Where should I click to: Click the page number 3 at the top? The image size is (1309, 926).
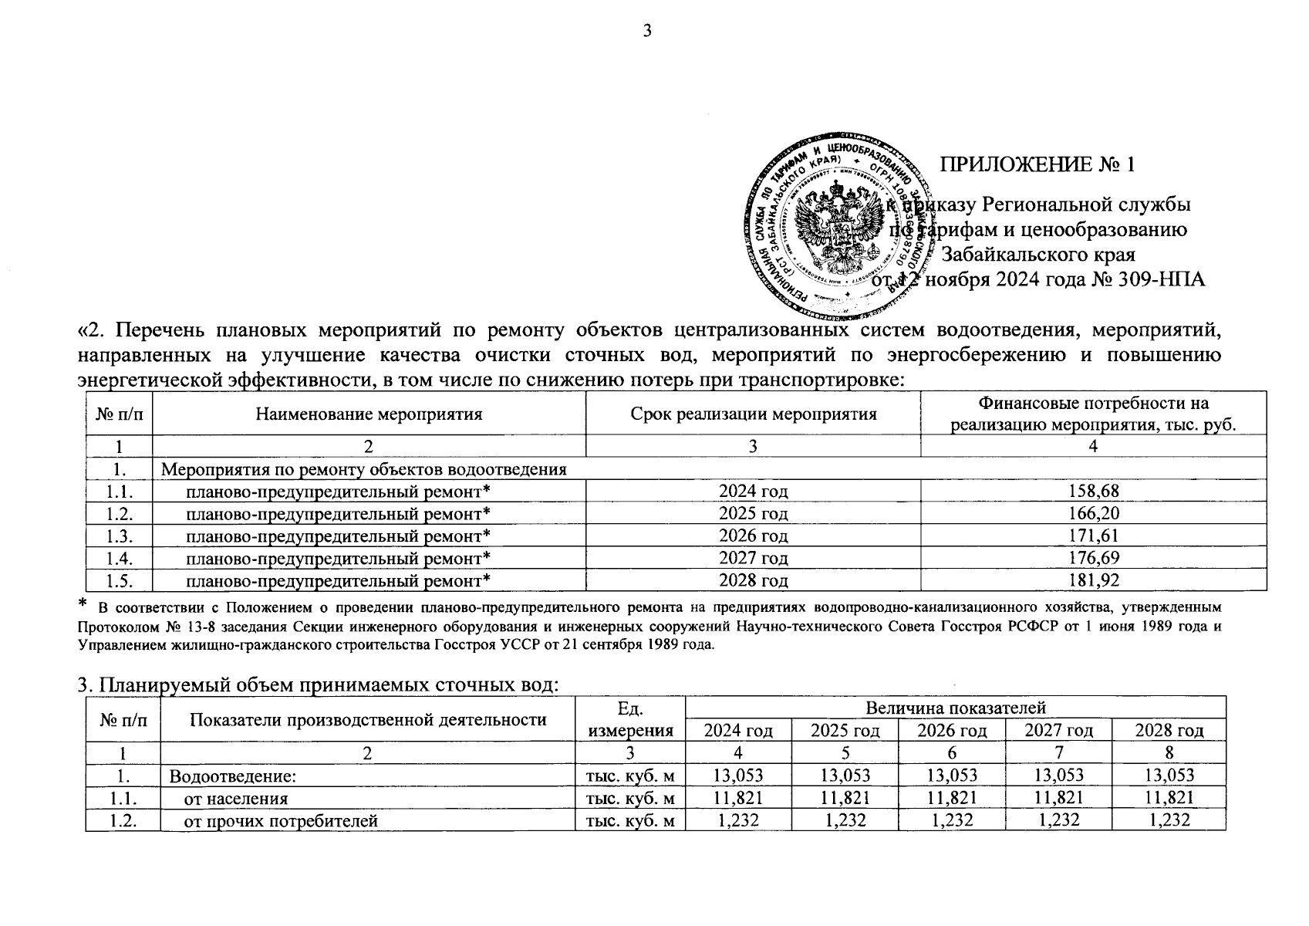pyautogui.click(x=647, y=32)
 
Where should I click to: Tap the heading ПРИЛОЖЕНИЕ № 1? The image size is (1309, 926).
pyautogui.click(x=1038, y=164)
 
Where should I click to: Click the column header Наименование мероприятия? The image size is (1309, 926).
pyautogui.click(x=369, y=414)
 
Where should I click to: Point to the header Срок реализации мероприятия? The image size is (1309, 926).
pyautogui.click(x=753, y=414)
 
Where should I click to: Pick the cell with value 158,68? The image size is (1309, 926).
pyautogui.click(x=1093, y=491)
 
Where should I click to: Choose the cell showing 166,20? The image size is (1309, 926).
pyautogui.click(x=1093, y=513)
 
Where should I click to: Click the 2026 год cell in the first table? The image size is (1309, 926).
pyautogui.click(x=753, y=536)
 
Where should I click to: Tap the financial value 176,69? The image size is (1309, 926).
pyautogui.click(x=1093, y=557)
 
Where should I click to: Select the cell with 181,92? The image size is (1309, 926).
pyautogui.click(x=1093, y=580)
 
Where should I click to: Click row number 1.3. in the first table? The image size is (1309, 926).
pyautogui.click(x=119, y=536)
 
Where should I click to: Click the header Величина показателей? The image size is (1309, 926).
pyautogui.click(x=955, y=708)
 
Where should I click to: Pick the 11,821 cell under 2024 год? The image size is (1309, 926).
pyautogui.click(x=738, y=799)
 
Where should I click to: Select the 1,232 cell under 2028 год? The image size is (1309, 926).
pyautogui.click(x=1169, y=821)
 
